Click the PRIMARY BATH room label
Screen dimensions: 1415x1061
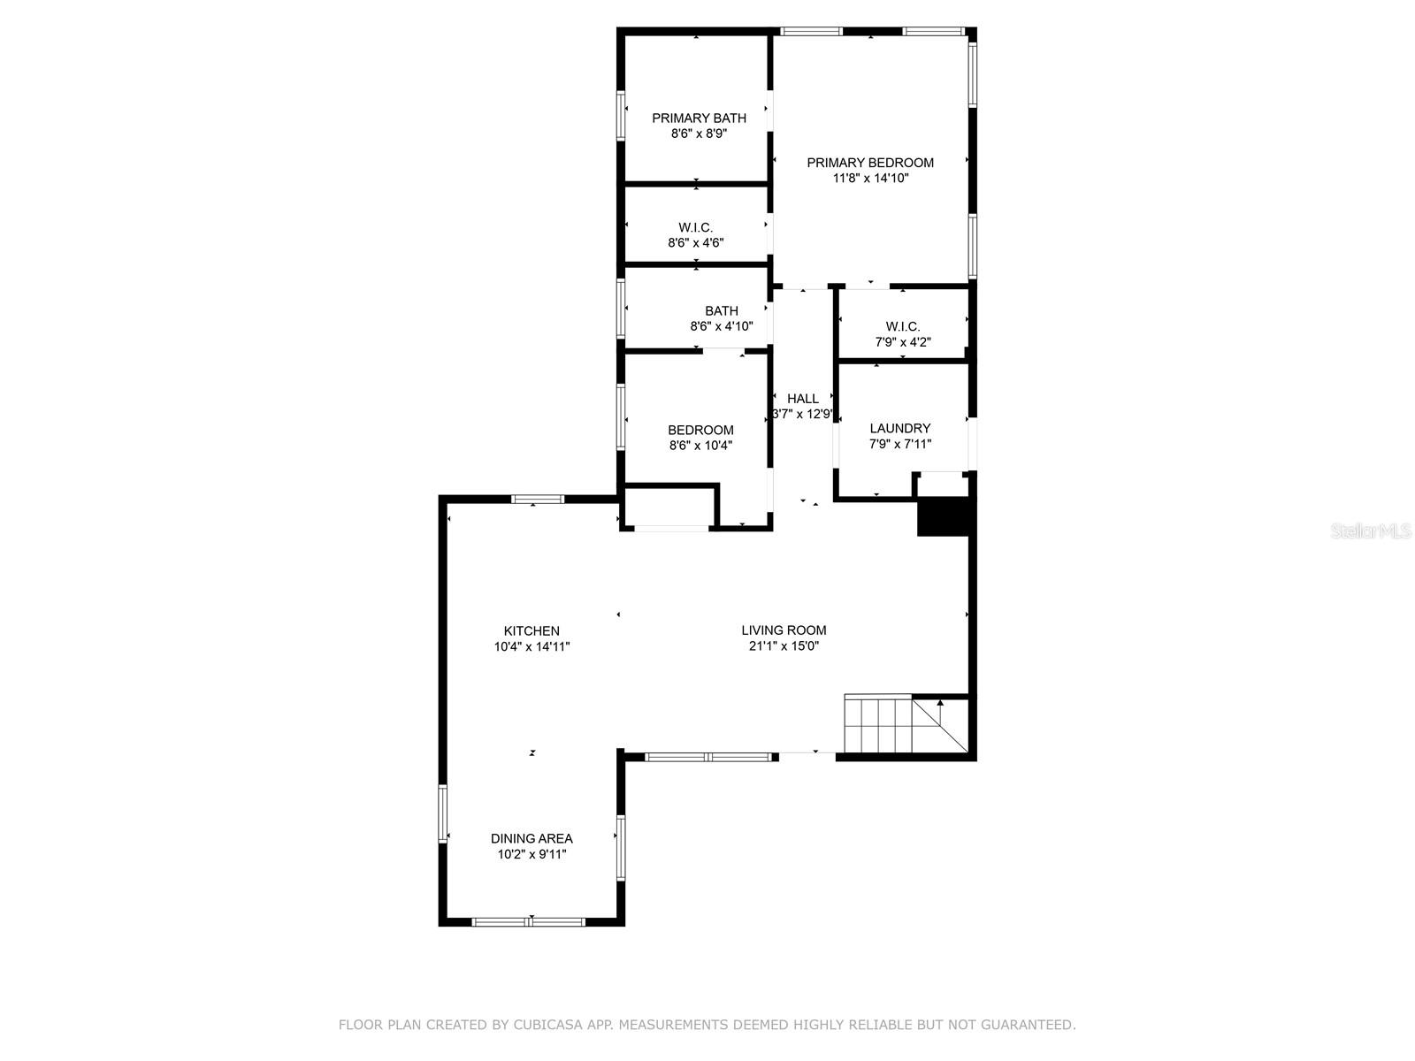pos(699,118)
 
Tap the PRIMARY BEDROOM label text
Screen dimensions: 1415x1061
pos(870,163)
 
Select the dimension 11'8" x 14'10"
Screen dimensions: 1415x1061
pos(870,179)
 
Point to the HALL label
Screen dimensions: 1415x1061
pos(803,399)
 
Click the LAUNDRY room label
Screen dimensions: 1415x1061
pos(900,429)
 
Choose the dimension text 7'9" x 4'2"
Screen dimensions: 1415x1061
pos(903,342)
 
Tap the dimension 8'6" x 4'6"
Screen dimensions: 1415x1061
pos(696,243)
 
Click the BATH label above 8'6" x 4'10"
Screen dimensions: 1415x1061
pos(722,311)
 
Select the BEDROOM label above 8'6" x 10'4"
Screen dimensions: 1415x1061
pos(700,431)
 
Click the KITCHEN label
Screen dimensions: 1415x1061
pos(532,631)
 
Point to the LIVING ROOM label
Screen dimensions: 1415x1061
pos(784,630)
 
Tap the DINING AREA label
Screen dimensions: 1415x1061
pos(532,839)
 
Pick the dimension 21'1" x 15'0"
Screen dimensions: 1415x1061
pos(784,646)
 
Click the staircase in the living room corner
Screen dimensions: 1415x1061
pos(906,723)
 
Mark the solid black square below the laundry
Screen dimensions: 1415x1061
pos(943,516)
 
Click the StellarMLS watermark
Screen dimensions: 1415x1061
pos(1371,530)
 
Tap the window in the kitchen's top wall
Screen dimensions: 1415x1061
pos(538,499)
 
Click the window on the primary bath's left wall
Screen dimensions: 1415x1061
pos(621,116)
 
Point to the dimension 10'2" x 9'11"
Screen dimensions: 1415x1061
pos(532,855)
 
